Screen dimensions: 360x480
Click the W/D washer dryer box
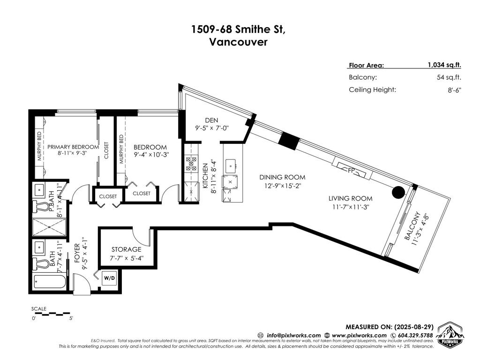coord(109,278)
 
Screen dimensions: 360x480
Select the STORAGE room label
coord(126,249)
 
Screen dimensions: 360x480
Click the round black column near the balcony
coord(398,192)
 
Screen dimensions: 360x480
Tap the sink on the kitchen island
coord(231,165)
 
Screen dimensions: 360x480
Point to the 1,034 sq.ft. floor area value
coord(444,66)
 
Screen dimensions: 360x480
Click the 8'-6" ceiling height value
coord(454,90)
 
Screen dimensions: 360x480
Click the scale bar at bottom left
coord(52,313)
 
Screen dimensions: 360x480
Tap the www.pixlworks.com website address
coord(360,336)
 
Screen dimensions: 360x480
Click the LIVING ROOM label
coord(350,198)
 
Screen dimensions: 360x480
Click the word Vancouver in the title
coord(239,42)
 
